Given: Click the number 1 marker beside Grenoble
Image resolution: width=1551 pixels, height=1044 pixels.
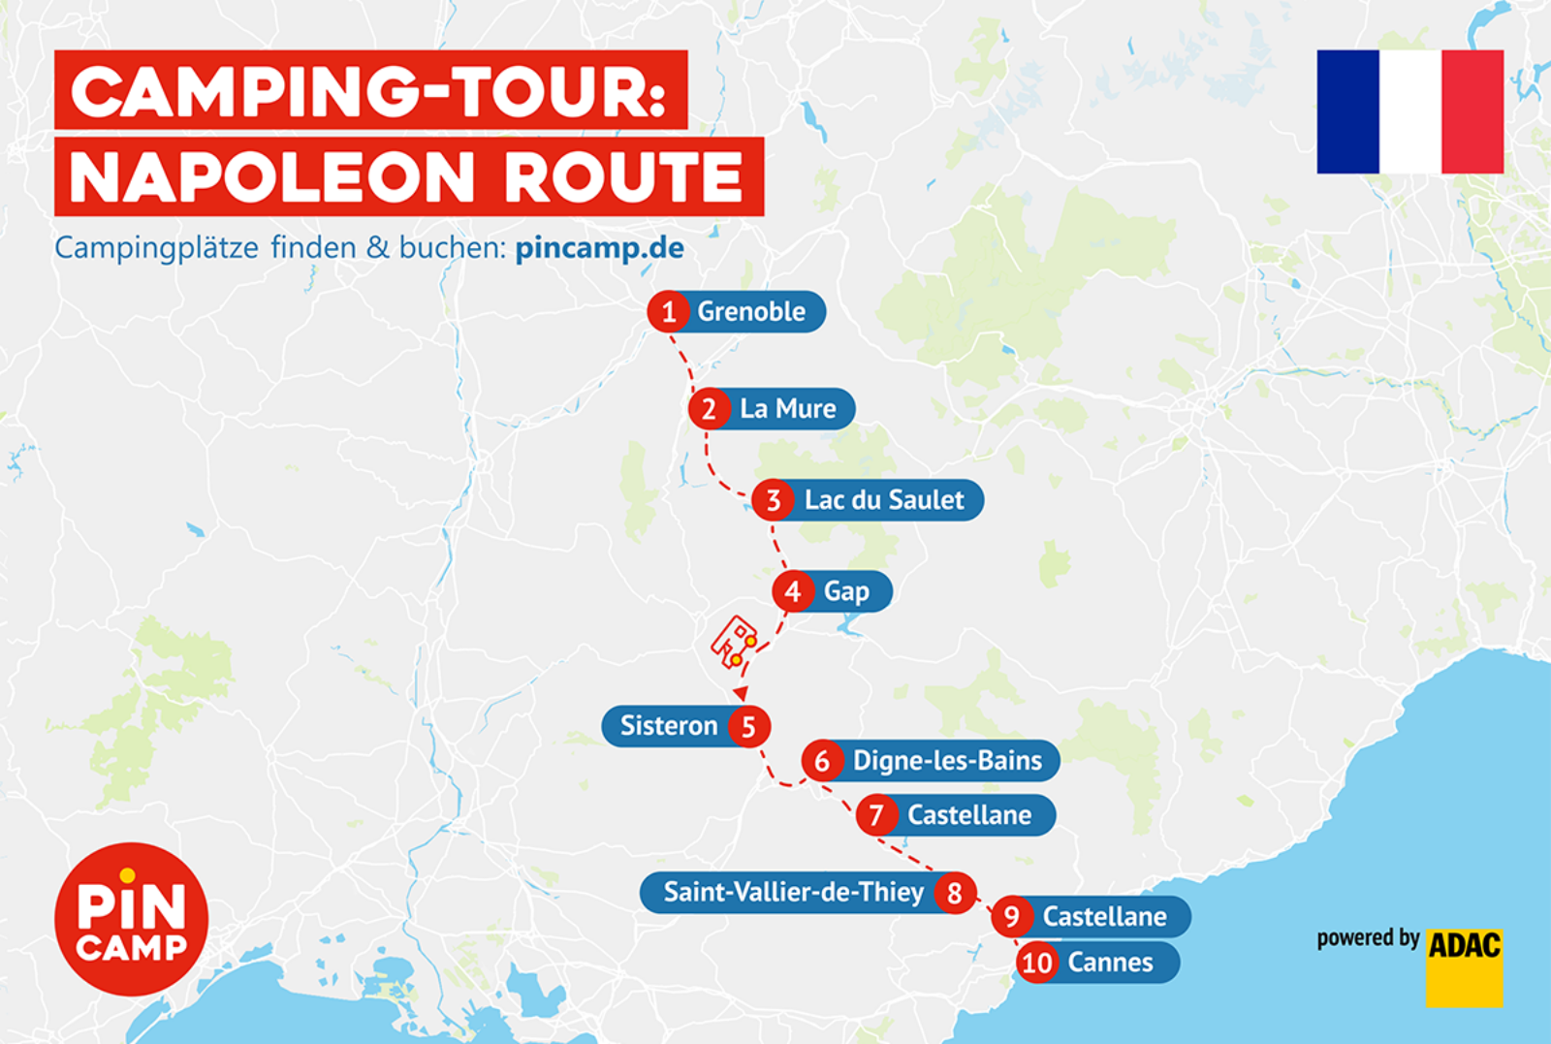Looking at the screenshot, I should [x=668, y=312].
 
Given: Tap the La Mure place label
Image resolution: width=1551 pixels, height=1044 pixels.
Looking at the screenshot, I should [x=787, y=409].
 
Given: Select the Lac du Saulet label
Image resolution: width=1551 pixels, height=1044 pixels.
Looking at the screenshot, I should [x=883, y=500].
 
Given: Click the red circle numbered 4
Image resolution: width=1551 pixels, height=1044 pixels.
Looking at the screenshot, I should [x=793, y=591].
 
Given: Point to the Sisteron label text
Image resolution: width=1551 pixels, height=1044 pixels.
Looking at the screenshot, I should [x=668, y=726].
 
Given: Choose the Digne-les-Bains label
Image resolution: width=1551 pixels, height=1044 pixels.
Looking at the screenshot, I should [x=946, y=761].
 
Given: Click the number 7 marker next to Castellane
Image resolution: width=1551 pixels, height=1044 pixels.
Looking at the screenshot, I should [x=876, y=815].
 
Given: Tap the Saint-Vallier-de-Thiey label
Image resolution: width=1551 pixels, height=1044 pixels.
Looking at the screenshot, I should [x=793, y=892].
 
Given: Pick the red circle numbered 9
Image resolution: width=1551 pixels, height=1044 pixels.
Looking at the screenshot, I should [x=1011, y=917].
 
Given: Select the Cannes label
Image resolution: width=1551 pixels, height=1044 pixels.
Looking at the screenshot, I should [x=1110, y=963].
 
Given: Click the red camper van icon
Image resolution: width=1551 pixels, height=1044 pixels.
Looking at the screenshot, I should [x=735, y=643].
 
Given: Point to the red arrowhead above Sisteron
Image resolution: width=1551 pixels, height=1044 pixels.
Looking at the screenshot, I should [x=741, y=693].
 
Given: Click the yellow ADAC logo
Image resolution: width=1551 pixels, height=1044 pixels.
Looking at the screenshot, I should [x=1464, y=966].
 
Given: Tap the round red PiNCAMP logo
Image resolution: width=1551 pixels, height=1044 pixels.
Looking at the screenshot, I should [x=131, y=919].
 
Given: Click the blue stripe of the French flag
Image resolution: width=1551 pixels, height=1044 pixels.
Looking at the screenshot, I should [x=1347, y=111].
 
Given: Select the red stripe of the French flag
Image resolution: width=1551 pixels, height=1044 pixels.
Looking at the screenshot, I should [x=1472, y=111].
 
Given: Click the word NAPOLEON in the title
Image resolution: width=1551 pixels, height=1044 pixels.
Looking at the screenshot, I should [x=272, y=177].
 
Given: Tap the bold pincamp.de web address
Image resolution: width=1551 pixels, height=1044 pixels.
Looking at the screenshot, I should [x=599, y=248].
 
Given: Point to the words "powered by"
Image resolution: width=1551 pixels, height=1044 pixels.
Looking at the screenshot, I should [x=1367, y=938].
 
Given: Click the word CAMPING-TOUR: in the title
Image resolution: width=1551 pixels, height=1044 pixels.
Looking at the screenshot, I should [x=369, y=92].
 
